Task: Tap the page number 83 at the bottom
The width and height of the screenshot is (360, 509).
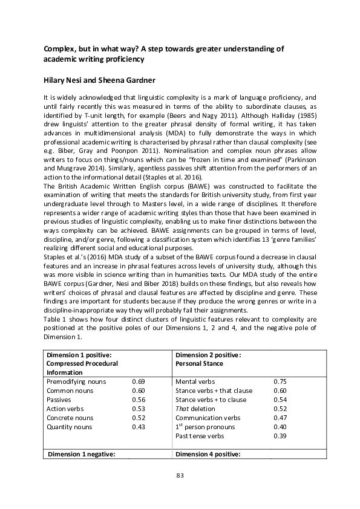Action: coord(180,476)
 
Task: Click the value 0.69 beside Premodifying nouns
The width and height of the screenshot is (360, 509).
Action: coord(138,382)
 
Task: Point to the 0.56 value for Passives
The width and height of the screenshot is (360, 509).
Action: coord(138,400)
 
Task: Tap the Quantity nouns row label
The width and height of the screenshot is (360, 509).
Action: coord(70,427)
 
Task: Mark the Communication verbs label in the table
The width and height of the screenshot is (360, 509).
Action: coord(208,418)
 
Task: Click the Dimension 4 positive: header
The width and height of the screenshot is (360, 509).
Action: coord(208,454)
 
